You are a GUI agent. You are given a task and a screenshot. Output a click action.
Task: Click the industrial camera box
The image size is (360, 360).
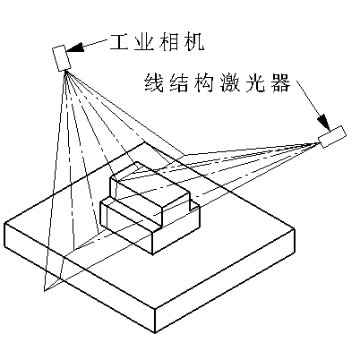[62, 58]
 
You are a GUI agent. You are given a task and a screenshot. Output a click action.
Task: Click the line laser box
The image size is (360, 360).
[332, 137]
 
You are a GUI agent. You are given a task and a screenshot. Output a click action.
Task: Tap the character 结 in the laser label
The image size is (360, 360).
[179, 83]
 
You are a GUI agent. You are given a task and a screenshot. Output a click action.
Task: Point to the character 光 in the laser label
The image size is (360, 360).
[255, 83]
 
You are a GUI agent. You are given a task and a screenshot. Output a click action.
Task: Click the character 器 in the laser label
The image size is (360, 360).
[280, 83]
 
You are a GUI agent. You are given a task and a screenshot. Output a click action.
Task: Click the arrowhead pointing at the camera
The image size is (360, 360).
[74, 47]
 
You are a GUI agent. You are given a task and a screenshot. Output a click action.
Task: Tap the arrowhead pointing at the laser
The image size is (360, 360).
[323, 122]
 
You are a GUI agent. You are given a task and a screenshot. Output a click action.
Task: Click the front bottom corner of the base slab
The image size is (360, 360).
[155, 332]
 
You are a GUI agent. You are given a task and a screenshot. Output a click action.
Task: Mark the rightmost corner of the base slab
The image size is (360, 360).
[295, 229]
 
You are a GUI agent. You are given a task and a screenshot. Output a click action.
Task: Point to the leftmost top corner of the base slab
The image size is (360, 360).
[4, 224]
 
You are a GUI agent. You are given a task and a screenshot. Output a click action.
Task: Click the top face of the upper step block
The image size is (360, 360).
[150, 186]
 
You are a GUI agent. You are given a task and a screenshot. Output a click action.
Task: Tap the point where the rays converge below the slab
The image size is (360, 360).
[45, 291]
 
